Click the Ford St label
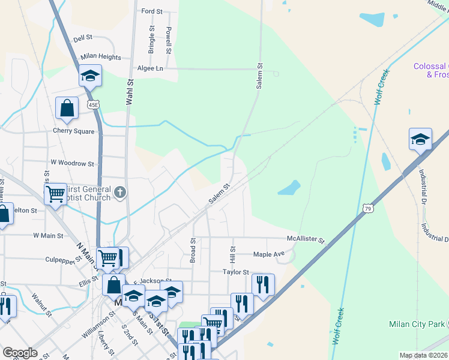coord(151,11)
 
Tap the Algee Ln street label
coord(150,69)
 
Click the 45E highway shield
coord(92,104)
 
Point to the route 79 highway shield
coord(367,208)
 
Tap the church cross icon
coord(120,193)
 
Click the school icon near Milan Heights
coord(90,76)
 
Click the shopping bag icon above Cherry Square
coord(67,108)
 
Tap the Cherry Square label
coord(74,131)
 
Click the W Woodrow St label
coord(72,163)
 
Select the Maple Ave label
coord(268,254)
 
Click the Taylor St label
coord(236,272)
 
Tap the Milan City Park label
coord(416,325)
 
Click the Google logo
coord(20,352)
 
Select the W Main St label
coord(48,236)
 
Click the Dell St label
coord(82,37)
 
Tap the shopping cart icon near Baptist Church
coord(55,194)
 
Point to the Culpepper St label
coord(63,260)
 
